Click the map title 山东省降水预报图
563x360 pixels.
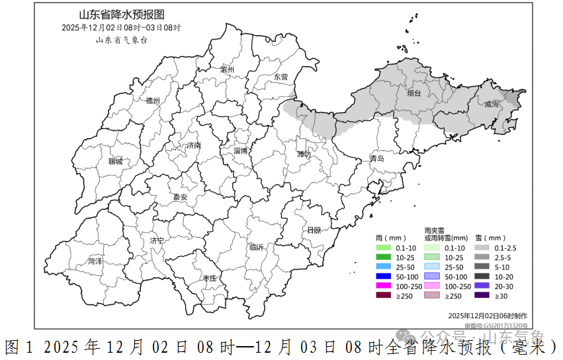pyautogui.click(x=121, y=15)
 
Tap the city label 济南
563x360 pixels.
pyautogui.click(x=193, y=145)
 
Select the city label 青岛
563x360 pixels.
pyautogui.click(x=376, y=159)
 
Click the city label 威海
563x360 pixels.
pyautogui.click(x=492, y=104)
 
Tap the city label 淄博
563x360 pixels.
pyautogui.click(x=241, y=151)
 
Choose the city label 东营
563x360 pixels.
pyautogui.click(x=281, y=77)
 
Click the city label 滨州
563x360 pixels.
pyautogui.click(x=228, y=69)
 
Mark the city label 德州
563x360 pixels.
pyautogui.click(x=153, y=101)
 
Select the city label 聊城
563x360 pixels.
pyautogui.click(x=116, y=161)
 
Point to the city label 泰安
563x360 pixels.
pyautogui.click(x=180, y=197)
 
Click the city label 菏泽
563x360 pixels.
pyautogui.click(x=95, y=261)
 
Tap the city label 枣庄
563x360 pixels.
pyautogui.click(x=210, y=279)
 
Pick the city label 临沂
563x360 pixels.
pyautogui.click(x=256, y=247)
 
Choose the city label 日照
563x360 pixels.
pyautogui.click(x=314, y=230)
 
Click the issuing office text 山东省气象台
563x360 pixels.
pyautogui.click(x=121, y=40)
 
